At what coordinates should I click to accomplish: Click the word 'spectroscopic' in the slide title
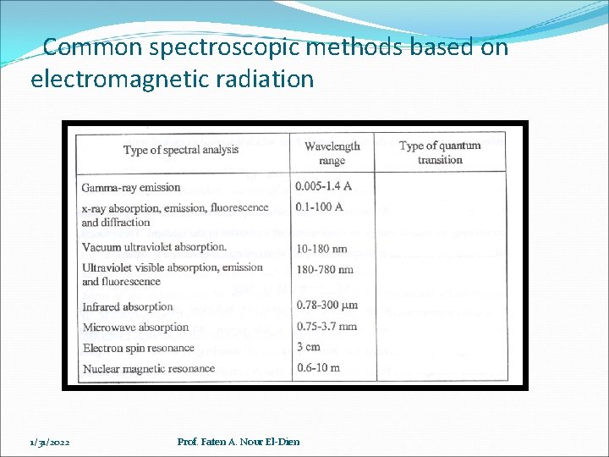224,47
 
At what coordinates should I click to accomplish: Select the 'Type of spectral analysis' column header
181,151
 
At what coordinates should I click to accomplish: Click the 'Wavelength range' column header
332,153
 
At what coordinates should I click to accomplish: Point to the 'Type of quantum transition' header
440,152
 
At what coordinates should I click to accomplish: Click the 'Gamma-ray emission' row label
131,187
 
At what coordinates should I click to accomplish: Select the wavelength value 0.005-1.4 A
327,186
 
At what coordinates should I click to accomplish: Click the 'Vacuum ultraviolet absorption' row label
154,247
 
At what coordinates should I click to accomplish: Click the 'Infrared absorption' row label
128,306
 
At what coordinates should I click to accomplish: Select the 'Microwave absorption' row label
135,327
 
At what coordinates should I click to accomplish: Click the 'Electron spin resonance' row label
139,348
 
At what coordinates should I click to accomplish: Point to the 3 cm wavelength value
309,346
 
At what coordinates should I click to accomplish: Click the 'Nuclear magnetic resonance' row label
149,369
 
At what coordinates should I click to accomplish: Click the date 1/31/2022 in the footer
49,442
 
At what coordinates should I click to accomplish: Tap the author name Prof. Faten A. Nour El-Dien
239,442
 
